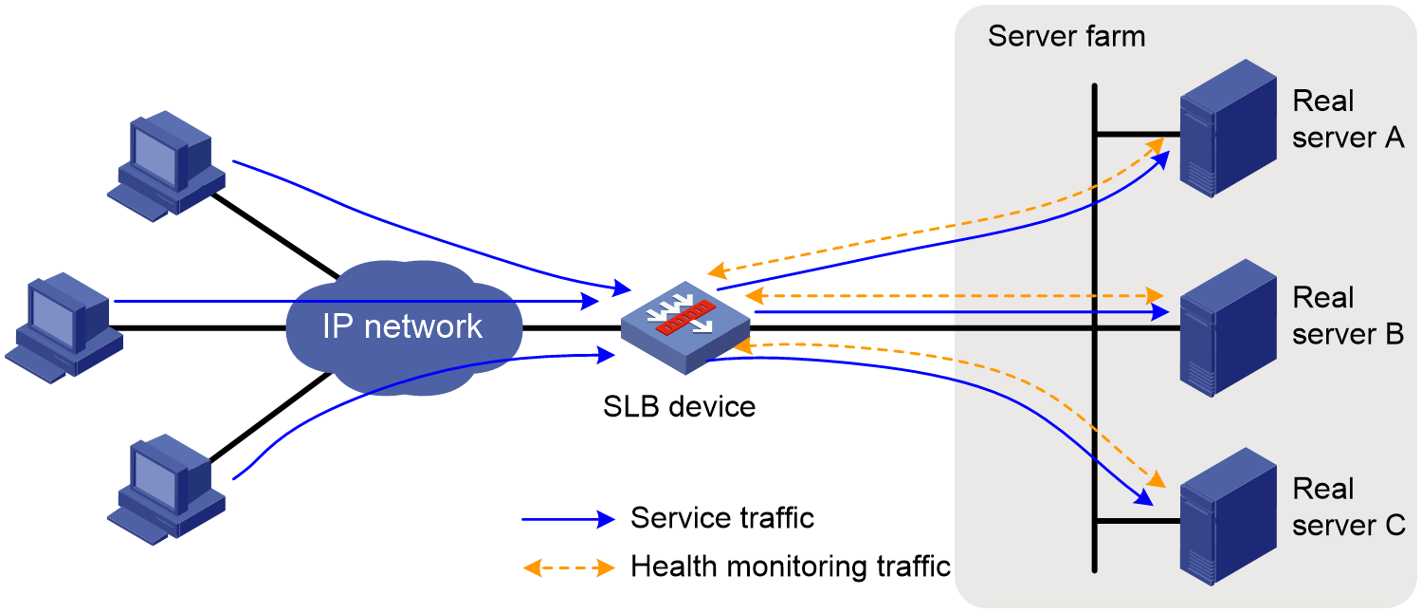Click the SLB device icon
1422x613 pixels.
tap(685, 327)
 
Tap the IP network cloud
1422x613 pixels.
tap(404, 327)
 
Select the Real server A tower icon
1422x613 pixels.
tap(1228, 128)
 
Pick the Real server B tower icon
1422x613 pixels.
tap(1228, 327)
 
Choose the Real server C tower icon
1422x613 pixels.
tap(1228, 516)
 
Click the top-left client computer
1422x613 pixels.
tap(166, 166)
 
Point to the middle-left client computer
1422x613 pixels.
tap(64, 327)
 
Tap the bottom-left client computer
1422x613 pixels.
tap(166, 490)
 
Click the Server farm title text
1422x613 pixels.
tap(1066, 36)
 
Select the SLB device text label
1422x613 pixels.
tap(680, 406)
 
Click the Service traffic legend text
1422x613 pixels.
tap(722, 518)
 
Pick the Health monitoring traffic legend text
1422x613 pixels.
tap(791, 567)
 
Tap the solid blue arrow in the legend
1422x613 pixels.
tap(569, 519)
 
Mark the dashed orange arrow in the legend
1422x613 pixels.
tap(569, 567)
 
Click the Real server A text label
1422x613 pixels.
tap(1348, 120)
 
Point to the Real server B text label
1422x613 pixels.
tap(1348, 316)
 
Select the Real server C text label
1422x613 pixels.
tap(1348, 507)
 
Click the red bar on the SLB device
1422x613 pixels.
tap(685, 317)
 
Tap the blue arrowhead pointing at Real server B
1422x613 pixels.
tap(1160, 312)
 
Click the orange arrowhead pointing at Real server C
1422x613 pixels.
tap(1158, 479)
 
